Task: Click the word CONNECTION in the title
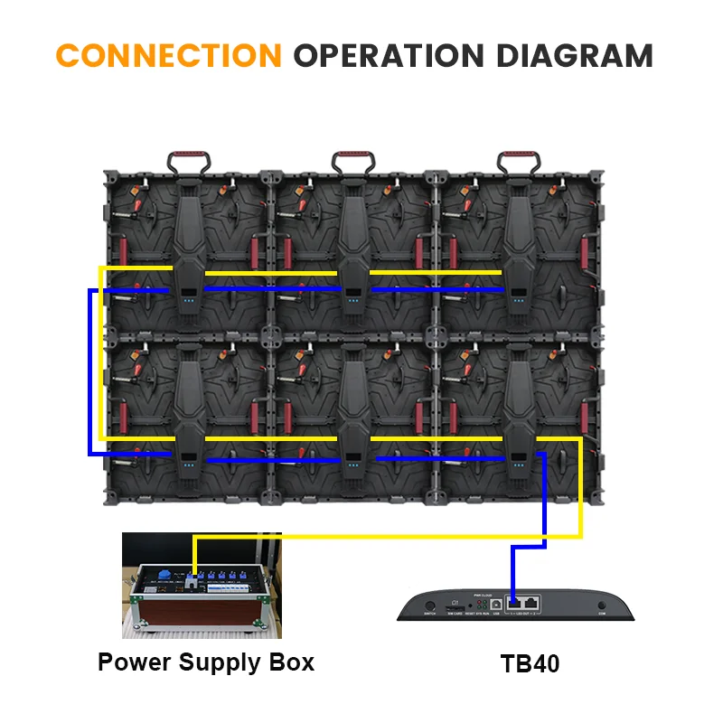(168, 56)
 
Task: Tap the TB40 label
(530, 664)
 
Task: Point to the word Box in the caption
(291, 662)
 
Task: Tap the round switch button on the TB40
(429, 606)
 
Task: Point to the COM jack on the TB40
(601, 606)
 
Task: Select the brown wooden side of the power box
(203, 607)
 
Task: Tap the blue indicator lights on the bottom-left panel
(189, 466)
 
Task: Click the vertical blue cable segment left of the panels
(90, 371)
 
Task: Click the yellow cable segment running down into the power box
(194, 556)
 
